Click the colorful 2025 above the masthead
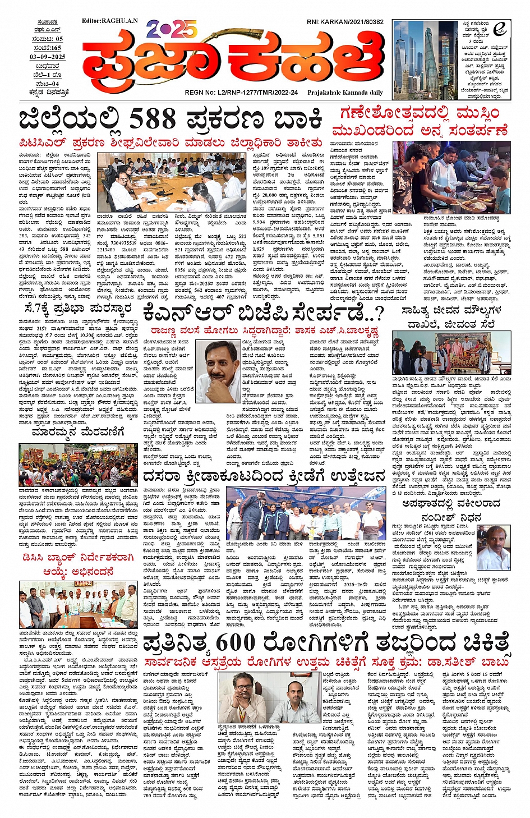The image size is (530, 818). [172, 29]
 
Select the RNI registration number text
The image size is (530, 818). [345, 22]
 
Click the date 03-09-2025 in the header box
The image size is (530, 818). [48, 57]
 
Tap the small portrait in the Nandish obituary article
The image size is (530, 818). [494, 548]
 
